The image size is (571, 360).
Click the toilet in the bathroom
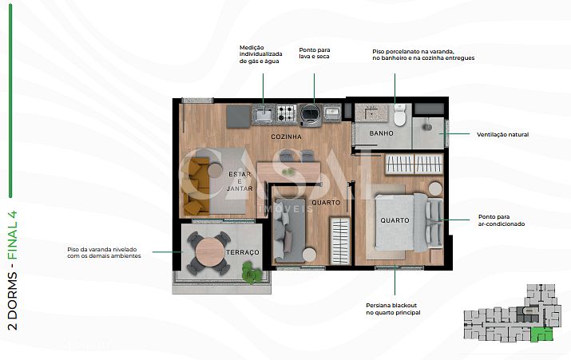[x=399, y=115]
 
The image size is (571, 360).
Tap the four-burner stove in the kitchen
[x=286, y=113]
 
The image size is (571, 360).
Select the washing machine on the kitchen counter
[x=311, y=114]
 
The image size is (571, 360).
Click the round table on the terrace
[x=209, y=252]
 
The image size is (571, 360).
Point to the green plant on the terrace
[x=252, y=273]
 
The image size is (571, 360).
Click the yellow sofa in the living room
[x=196, y=186]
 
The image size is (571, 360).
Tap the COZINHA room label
[x=286, y=136]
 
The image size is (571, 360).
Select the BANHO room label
[x=381, y=133]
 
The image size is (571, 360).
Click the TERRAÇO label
[x=243, y=252]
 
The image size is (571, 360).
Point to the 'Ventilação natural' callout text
[x=502, y=135]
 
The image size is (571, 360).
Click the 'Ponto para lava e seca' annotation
[x=315, y=53]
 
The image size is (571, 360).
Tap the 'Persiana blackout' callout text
[x=393, y=309]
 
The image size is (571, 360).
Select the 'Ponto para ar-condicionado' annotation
[x=502, y=220]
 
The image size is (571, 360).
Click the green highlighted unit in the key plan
[x=541, y=334]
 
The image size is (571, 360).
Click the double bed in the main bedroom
[x=409, y=223]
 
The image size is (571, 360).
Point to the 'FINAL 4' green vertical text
[x=13, y=235]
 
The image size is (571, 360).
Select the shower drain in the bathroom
[x=427, y=127]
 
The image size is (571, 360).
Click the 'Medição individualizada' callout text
[x=260, y=54]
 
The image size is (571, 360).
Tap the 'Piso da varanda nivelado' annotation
[x=104, y=252]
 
